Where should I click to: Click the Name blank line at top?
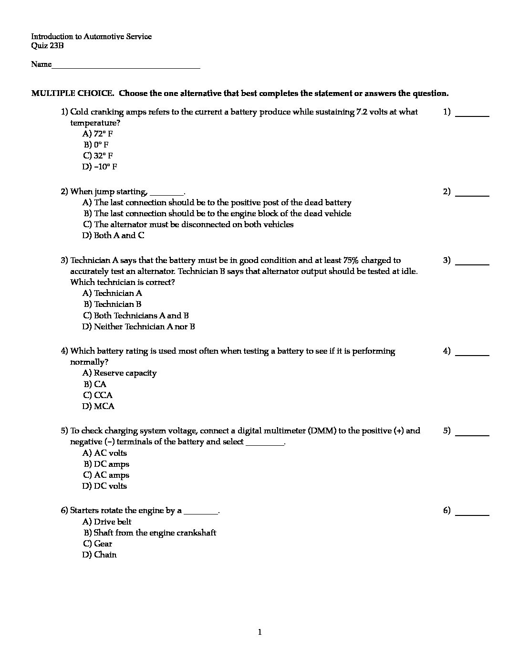coord(126,66)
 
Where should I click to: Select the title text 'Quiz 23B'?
coord(47,46)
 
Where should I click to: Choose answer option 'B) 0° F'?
coord(96,145)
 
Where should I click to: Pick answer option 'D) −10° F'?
coord(100,167)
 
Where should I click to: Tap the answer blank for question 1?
coord(472,113)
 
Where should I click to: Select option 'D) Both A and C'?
coord(114,235)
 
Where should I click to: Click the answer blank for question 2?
coord(472,193)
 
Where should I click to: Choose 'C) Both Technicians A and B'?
coord(136,315)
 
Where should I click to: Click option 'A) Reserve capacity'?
coord(120,373)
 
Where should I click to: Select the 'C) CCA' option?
coord(98,395)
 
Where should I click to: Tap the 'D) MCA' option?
coord(99,406)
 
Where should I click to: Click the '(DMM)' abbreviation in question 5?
coord(323,430)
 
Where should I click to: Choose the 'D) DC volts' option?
coord(105,486)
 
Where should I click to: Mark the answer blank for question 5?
coord(472,432)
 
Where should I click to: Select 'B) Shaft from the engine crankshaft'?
coord(150,533)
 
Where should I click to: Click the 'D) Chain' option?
coord(100,555)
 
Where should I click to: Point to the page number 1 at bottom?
coord(259,632)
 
